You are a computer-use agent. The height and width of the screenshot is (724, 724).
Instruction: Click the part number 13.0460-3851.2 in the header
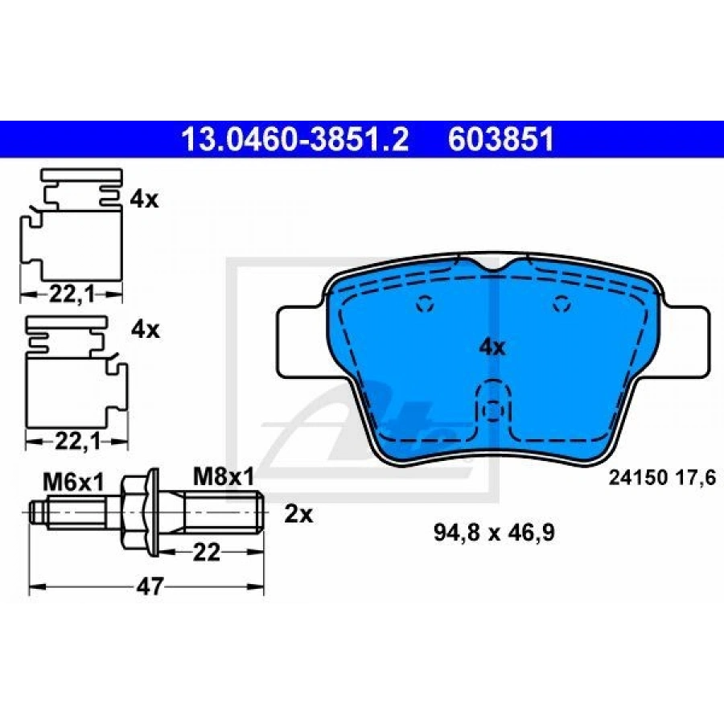[295, 139]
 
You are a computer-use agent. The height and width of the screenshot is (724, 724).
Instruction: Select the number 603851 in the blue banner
[501, 139]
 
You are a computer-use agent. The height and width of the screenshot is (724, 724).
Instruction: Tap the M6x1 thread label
[73, 483]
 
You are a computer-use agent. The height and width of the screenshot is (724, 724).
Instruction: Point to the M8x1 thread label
[224, 478]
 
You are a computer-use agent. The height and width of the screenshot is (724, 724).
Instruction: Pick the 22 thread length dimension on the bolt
[207, 552]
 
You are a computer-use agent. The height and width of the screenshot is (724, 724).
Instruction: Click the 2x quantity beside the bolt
[298, 514]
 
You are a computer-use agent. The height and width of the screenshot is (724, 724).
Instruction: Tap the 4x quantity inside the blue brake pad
[492, 347]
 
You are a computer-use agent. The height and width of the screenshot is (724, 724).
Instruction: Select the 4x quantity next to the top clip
[144, 200]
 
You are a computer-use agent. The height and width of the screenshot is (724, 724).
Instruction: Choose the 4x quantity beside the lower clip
[145, 330]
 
